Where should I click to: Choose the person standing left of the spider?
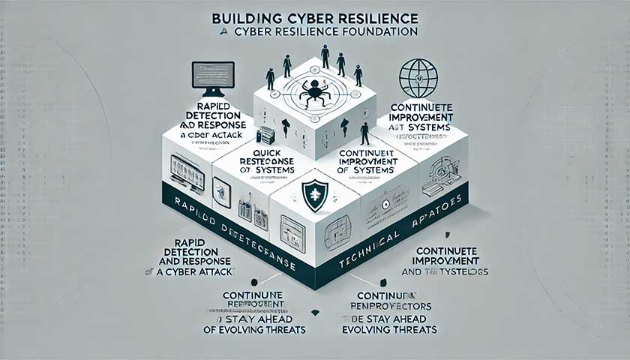pos(270,79)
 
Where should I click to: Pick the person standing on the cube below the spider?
pos(364,134)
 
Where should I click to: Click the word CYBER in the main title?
pos(313,17)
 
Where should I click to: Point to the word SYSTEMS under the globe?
pos(429,129)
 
